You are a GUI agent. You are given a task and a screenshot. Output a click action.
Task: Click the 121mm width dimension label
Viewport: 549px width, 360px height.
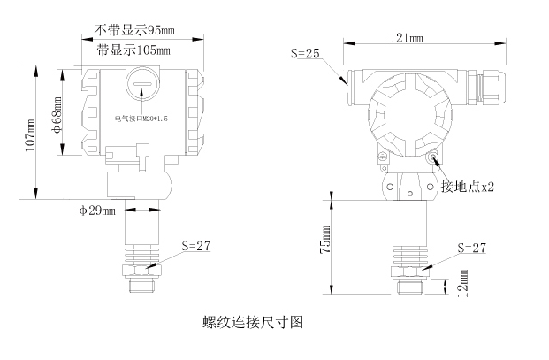click(x=404, y=38)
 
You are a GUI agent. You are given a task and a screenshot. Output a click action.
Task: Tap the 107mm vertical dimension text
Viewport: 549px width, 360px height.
click(x=31, y=133)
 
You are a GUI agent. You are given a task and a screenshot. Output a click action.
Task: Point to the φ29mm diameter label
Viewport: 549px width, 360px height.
click(x=97, y=211)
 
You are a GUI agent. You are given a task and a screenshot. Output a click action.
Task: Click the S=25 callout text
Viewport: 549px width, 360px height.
click(x=305, y=54)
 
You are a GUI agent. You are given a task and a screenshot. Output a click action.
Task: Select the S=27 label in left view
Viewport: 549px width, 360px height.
click(x=195, y=245)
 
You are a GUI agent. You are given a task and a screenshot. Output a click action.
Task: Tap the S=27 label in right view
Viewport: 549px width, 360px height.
click(x=472, y=248)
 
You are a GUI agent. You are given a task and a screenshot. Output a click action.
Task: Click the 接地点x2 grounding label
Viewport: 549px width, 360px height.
click(x=468, y=188)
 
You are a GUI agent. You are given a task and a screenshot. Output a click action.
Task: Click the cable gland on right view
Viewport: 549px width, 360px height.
click(x=487, y=86)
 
